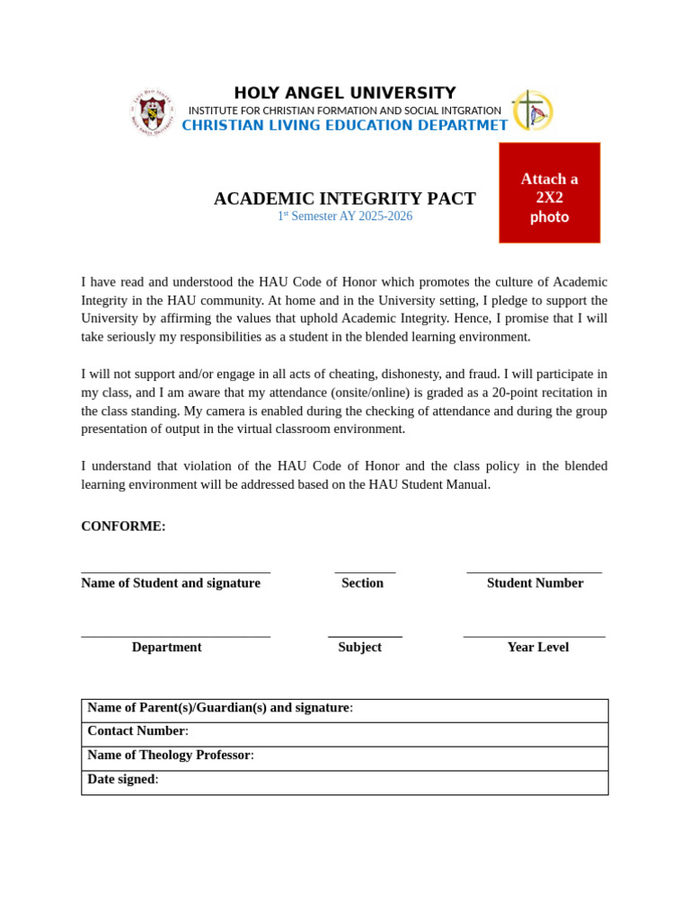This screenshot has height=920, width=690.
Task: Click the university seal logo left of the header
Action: (152, 111)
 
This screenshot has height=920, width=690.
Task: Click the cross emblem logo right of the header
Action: (532, 111)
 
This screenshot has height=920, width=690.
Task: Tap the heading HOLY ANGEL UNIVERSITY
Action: (345, 93)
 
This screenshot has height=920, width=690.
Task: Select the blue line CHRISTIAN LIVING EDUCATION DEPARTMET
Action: (345, 126)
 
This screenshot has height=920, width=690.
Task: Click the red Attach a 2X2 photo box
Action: (549, 192)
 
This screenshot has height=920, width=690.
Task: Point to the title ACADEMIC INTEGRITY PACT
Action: (345, 199)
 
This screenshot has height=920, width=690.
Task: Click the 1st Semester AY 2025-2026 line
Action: (345, 217)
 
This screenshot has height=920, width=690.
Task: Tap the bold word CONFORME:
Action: (123, 526)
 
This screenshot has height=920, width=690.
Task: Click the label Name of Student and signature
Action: (171, 583)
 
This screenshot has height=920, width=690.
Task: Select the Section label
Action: (362, 583)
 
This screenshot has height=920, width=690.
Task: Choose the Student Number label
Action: (535, 583)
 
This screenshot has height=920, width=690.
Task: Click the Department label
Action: (166, 647)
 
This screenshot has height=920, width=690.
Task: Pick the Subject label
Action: (359, 647)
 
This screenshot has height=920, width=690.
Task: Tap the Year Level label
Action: (537, 647)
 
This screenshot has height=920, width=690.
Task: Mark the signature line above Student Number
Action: (535, 571)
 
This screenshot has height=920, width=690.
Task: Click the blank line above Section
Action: (365, 571)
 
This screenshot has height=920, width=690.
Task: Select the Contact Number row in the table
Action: (344, 734)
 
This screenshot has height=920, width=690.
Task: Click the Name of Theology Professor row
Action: (344, 758)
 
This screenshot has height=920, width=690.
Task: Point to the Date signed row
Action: (344, 783)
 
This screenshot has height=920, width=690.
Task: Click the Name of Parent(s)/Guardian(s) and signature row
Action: (344, 711)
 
